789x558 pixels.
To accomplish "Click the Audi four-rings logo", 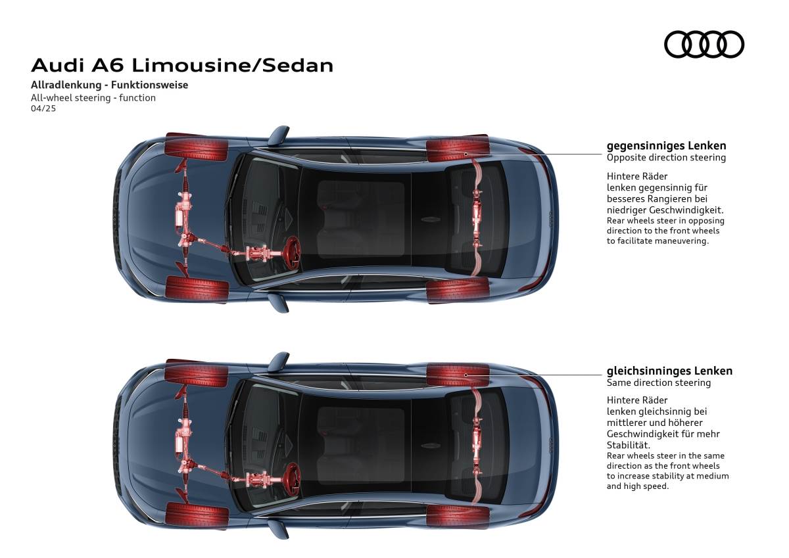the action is (x=704, y=44).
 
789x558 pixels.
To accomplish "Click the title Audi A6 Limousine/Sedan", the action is (x=182, y=66).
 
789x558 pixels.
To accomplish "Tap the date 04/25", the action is (x=43, y=108).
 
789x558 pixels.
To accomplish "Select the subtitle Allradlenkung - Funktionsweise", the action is (x=110, y=85).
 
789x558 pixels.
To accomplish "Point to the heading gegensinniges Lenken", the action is (x=667, y=146).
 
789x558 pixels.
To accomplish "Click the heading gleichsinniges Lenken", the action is (x=669, y=371).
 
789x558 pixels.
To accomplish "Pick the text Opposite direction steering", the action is (x=666, y=157).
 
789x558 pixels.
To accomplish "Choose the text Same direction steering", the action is (x=659, y=383).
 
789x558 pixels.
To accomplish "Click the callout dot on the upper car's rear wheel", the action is (x=466, y=154).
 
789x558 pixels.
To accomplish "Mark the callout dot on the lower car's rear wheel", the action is (x=466, y=375).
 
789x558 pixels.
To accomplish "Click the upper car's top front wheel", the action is (x=197, y=147).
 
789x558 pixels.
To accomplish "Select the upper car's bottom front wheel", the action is (x=197, y=289).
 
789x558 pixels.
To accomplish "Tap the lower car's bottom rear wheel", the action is (x=458, y=517).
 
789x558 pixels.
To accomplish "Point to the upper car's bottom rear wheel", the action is (x=458, y=291).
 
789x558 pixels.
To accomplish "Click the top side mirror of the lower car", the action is (x=278, y=362).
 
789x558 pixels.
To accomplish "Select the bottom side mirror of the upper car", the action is (x=278, y=303).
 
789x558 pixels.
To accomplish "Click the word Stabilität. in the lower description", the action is (x=629, y=445).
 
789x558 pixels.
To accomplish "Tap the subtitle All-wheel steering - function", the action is (x=93, y=97).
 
